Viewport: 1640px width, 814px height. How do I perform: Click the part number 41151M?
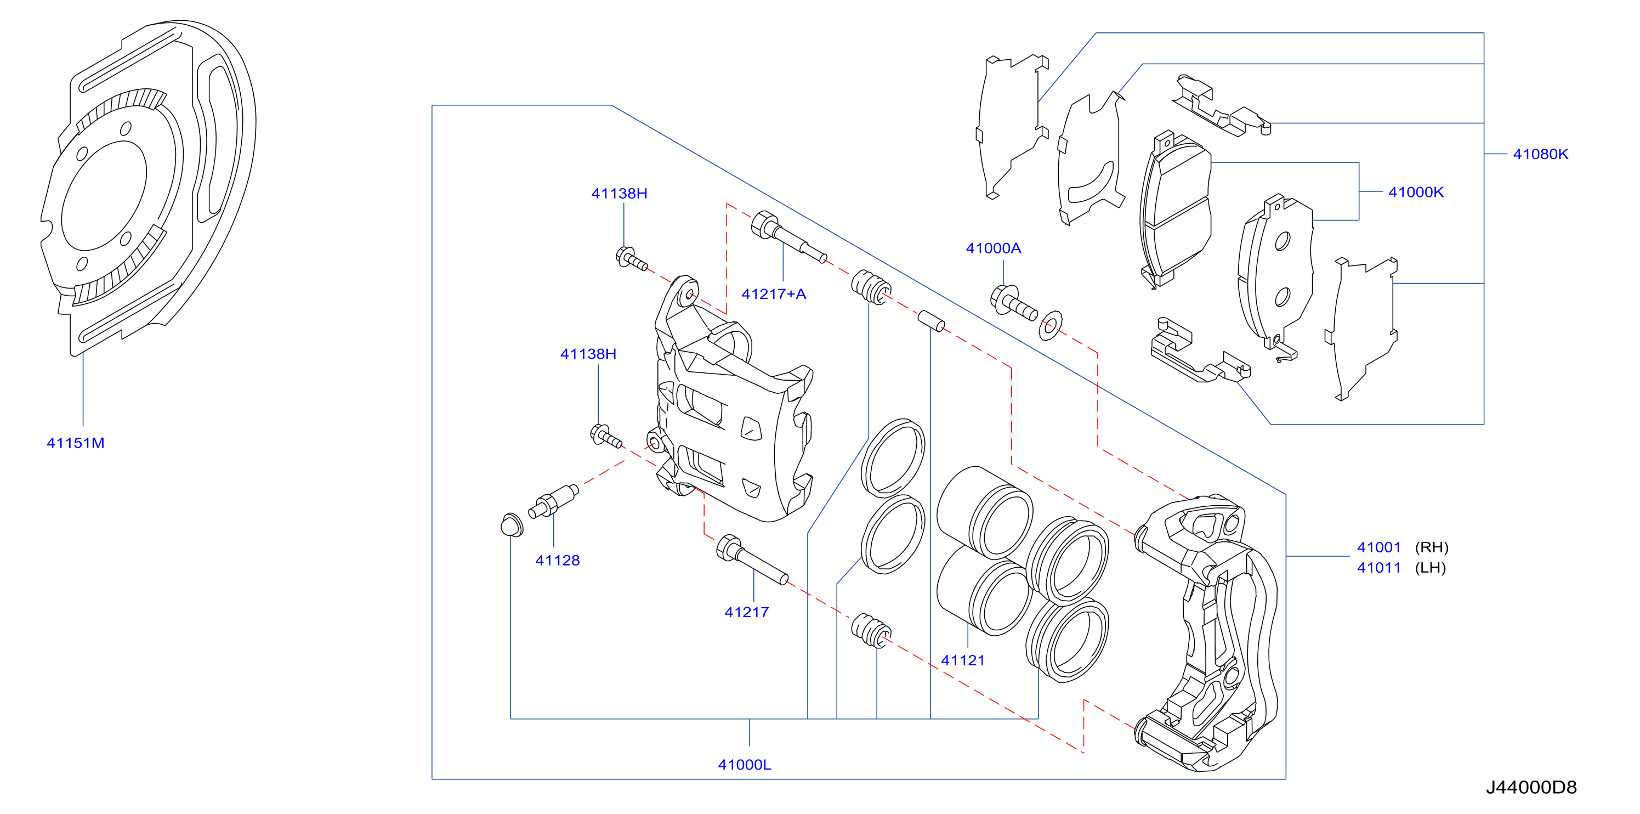pos(75,443)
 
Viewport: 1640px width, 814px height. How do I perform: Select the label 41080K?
pos(1540,154)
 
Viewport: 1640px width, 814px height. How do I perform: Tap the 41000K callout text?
pos(1415,192)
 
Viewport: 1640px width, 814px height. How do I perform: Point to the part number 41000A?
pos(993,248)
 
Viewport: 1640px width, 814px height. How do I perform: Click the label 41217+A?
pos(774,293)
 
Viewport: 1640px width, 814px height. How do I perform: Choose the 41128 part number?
pos(557,561)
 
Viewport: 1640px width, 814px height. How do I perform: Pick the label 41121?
pos(963,660)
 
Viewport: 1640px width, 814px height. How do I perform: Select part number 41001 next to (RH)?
pos(1378,547)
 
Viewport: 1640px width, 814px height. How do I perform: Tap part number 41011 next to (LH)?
pos(1378,568)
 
